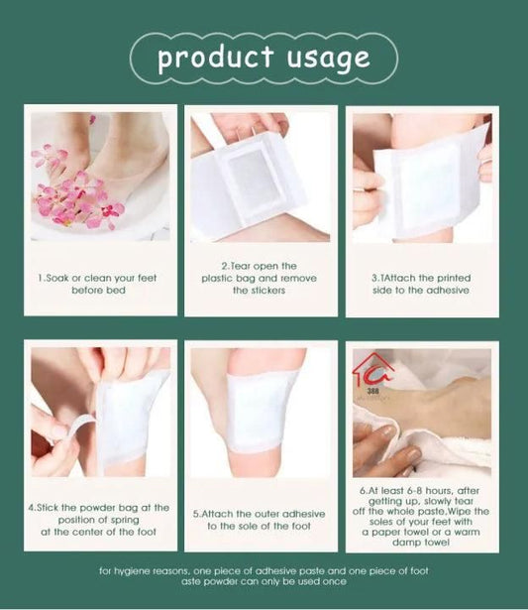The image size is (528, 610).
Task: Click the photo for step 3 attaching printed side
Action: click(422, 177)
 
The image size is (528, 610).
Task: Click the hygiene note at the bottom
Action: click(264, 576)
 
